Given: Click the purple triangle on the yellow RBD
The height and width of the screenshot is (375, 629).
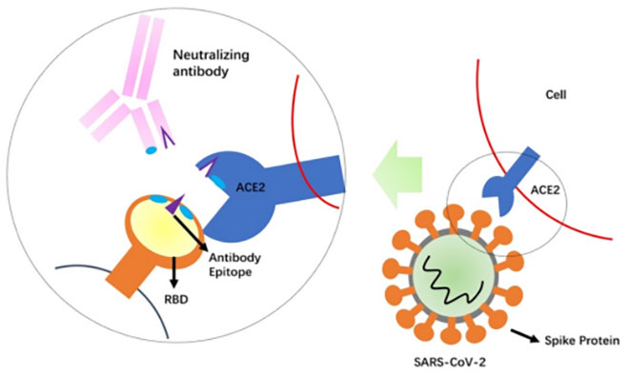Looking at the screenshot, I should pyautogui.click(x=175, y=202).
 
